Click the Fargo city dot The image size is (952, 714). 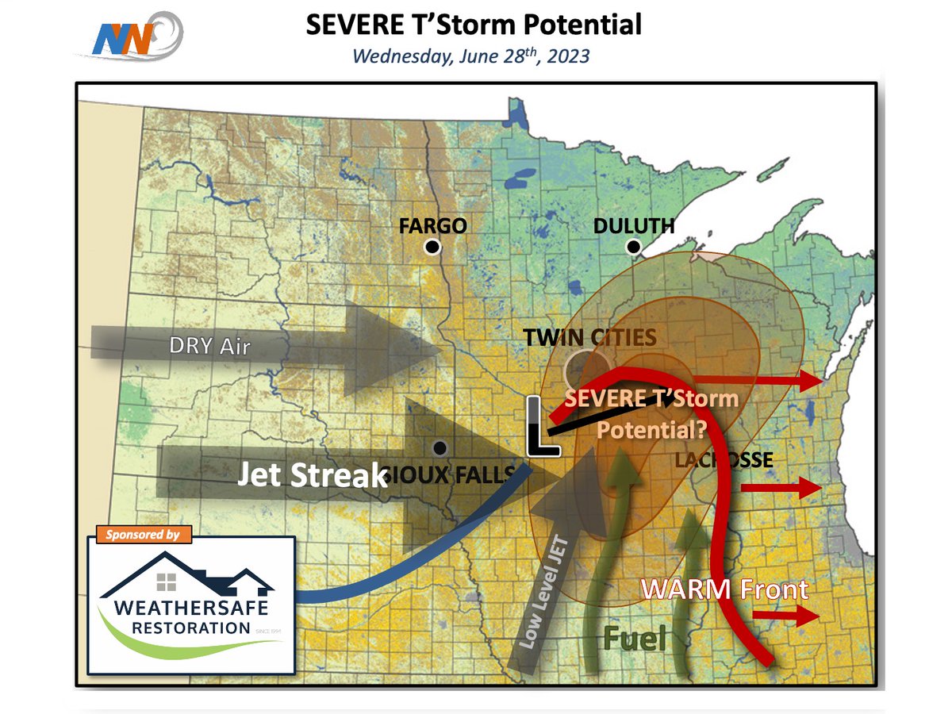432,247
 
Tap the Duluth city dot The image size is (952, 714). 633,247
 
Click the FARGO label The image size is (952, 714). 432,226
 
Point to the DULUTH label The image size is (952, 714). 634,226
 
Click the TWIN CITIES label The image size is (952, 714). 589,337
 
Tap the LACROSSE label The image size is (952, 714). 723,459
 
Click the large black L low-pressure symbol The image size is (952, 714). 543,428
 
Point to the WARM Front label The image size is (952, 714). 724,589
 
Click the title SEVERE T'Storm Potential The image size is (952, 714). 474,25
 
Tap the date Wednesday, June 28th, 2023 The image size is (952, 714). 471,57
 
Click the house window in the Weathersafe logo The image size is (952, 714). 167,582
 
